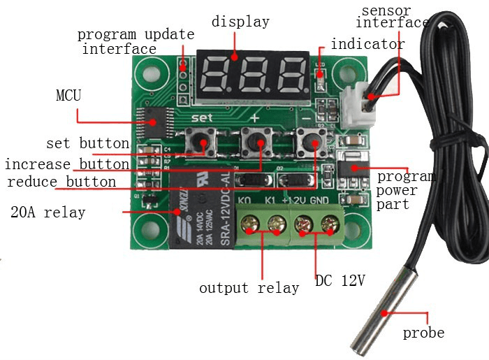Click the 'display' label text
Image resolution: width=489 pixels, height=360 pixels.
[x=240, y=22]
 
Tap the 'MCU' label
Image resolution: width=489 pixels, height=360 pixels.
[x=68, y=95]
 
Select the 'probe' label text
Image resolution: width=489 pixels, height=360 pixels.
[x=423, y=333]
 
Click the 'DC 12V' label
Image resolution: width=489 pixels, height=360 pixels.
[x=340, y=281]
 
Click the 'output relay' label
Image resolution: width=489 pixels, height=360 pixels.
[x=249, y=287]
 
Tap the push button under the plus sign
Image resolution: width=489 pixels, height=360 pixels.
[x=256, y=143]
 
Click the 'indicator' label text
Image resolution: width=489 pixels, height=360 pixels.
[x=367, y=44]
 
